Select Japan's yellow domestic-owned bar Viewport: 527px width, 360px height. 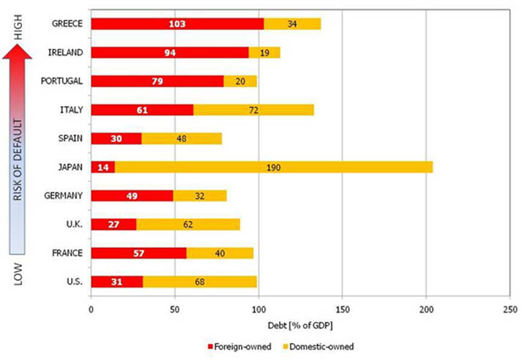(274, 167)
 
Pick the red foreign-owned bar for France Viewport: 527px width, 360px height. (139, 253)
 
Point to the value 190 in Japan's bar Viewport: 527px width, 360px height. (274, 168)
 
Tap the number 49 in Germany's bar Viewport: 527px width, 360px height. (135, 196)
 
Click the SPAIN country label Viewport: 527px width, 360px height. (68, 138)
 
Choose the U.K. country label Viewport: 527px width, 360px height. (73, 225)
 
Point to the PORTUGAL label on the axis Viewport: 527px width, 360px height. (63, 81)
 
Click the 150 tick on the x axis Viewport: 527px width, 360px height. (342, 310)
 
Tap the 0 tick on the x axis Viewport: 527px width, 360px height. (91, 310)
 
